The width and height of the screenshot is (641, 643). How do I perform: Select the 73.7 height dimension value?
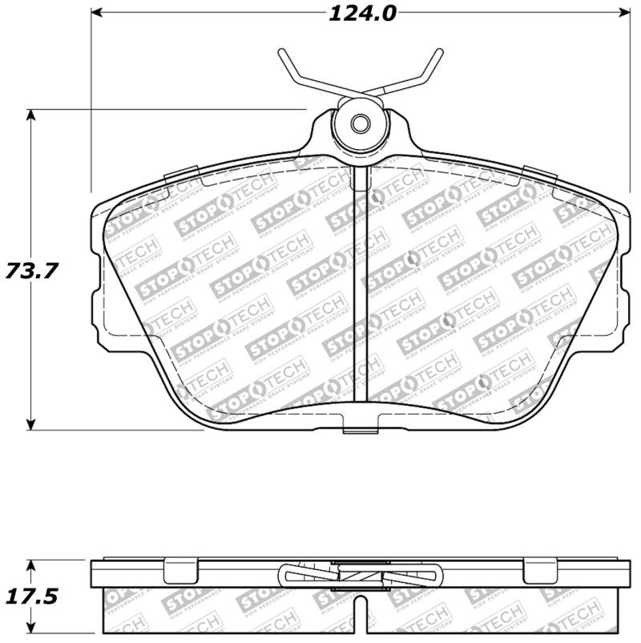click(x=32, y=271)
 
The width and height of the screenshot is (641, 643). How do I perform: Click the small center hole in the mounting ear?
click(x=360, y=124)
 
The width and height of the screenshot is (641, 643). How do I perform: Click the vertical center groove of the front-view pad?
click(x=361, y=289)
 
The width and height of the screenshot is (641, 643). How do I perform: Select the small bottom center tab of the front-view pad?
click(x=360, y=426)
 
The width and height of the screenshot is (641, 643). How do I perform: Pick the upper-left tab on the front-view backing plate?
click(x=180, y=172)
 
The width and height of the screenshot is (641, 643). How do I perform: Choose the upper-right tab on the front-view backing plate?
click(x=539, y=172)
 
